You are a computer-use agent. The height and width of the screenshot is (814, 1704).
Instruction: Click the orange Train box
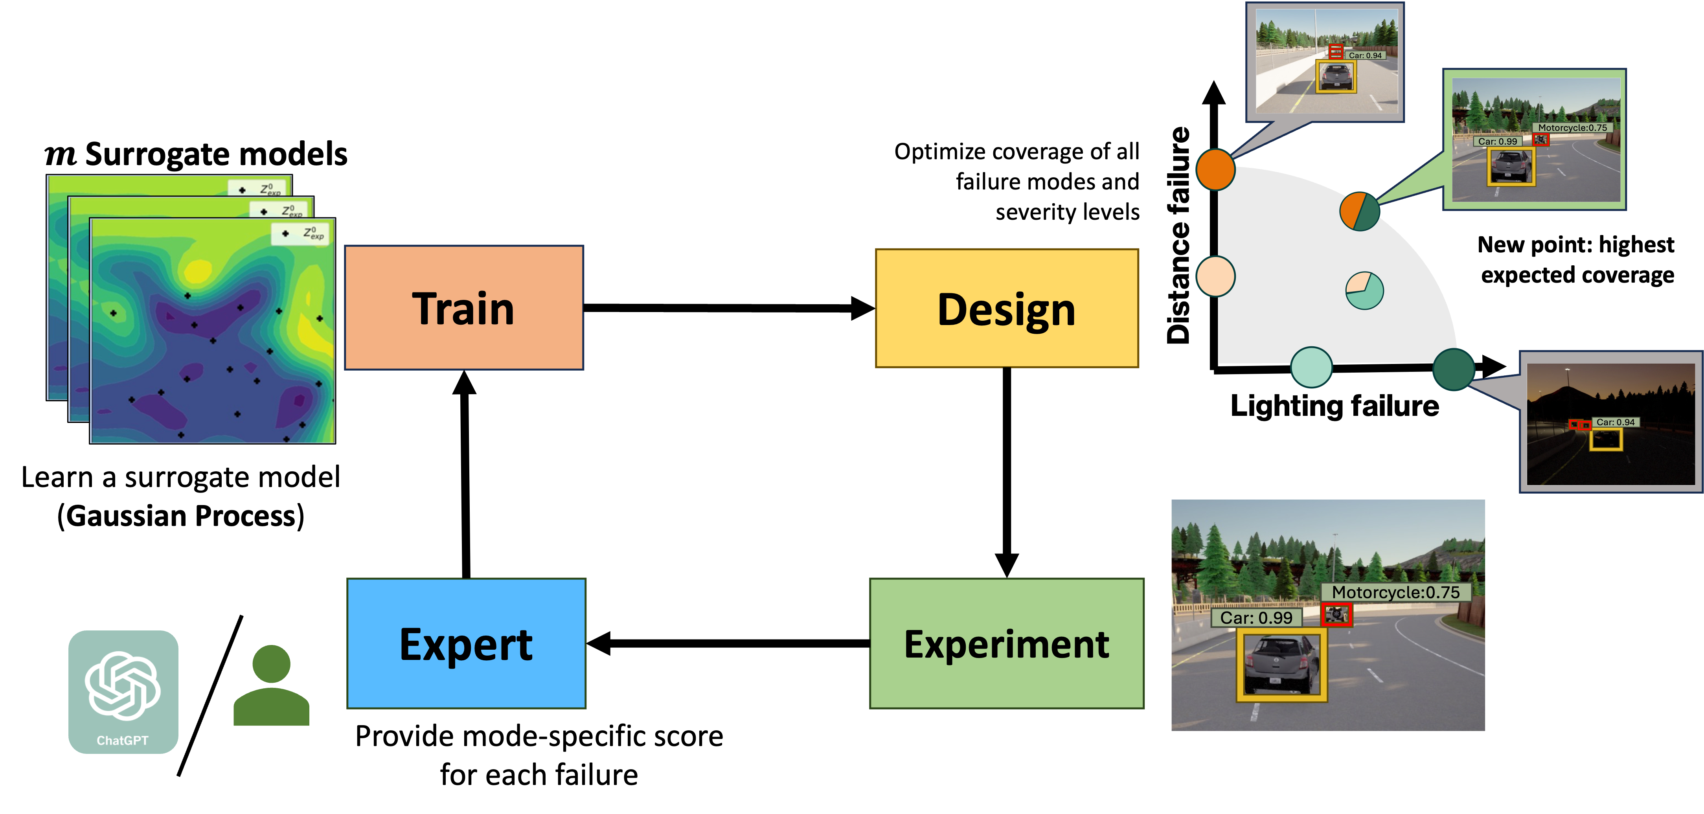pyautogui.click(x=464, y=307)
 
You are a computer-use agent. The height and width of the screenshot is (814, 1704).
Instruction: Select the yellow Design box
pyautogui.click(x=1007, y=308)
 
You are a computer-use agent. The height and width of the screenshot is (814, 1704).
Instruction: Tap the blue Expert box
pyautogui.click(x=466, y=643)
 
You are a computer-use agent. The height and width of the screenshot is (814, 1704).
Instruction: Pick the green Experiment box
pyautogui.click(x=1006, y=643)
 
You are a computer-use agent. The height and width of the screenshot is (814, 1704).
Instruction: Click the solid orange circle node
pyautogui.click(x=1215, y=169)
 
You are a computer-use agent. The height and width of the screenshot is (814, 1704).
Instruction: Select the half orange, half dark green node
pyautogui.click(x=1359, y=211)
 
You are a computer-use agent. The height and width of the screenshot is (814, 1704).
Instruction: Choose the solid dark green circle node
pyautogui.click(x=1453, y=369)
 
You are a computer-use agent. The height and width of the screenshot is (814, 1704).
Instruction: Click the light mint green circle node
pyautogui.click(x=1311, y=367)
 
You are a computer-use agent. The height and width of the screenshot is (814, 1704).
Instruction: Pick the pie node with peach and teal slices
pyautogui.click(x=1365, y=290)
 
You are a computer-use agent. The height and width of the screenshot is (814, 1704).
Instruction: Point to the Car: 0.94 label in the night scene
pyautogui.click(x=1615, y=422)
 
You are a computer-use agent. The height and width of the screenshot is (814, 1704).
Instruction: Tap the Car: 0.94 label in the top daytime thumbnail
pyautogui.click(x=1365, y=55)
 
